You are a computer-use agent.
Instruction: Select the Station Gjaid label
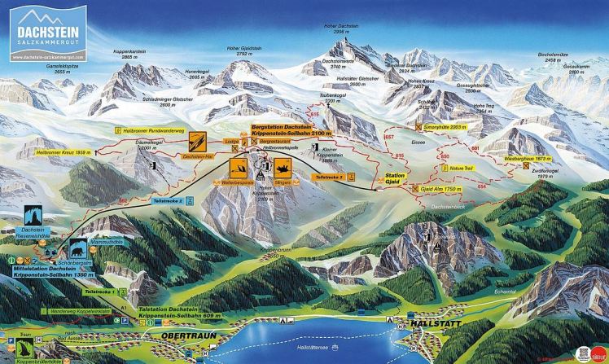point(396,179)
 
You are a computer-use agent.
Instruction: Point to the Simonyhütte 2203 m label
point(444,128)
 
